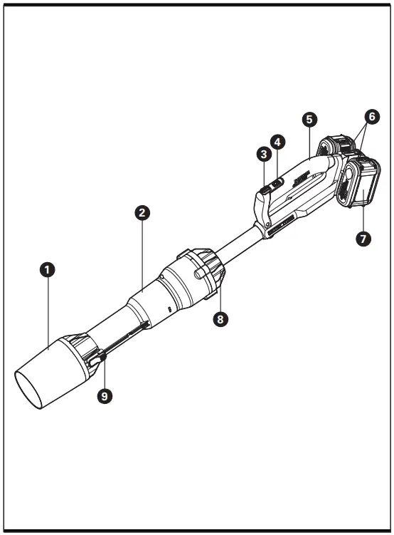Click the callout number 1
click(48, 269)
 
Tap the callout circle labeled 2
click(142, 212)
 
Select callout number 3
click(264, 153)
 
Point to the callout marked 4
click(278, 141)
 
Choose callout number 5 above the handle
click(309, 120)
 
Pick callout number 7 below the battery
click(363, 239)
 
